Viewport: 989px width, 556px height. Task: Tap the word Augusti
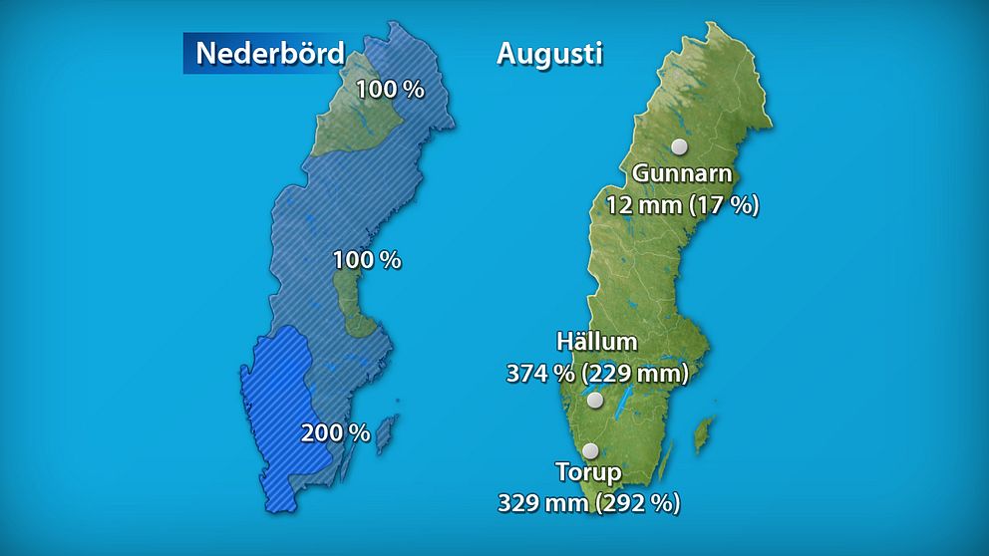549,54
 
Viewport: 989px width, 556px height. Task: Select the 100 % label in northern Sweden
390,89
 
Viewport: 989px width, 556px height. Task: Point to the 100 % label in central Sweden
367,260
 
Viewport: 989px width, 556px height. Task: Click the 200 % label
336,433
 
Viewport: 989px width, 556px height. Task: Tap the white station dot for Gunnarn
680,146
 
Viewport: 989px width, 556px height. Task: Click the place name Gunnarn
683,174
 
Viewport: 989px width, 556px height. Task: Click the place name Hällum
597,343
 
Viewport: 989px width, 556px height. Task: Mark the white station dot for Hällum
595,401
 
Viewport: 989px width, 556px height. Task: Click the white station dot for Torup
590,450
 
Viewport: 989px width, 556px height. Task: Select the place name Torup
589,472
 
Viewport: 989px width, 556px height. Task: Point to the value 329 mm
542,502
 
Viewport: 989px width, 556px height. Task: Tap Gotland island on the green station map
705,432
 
